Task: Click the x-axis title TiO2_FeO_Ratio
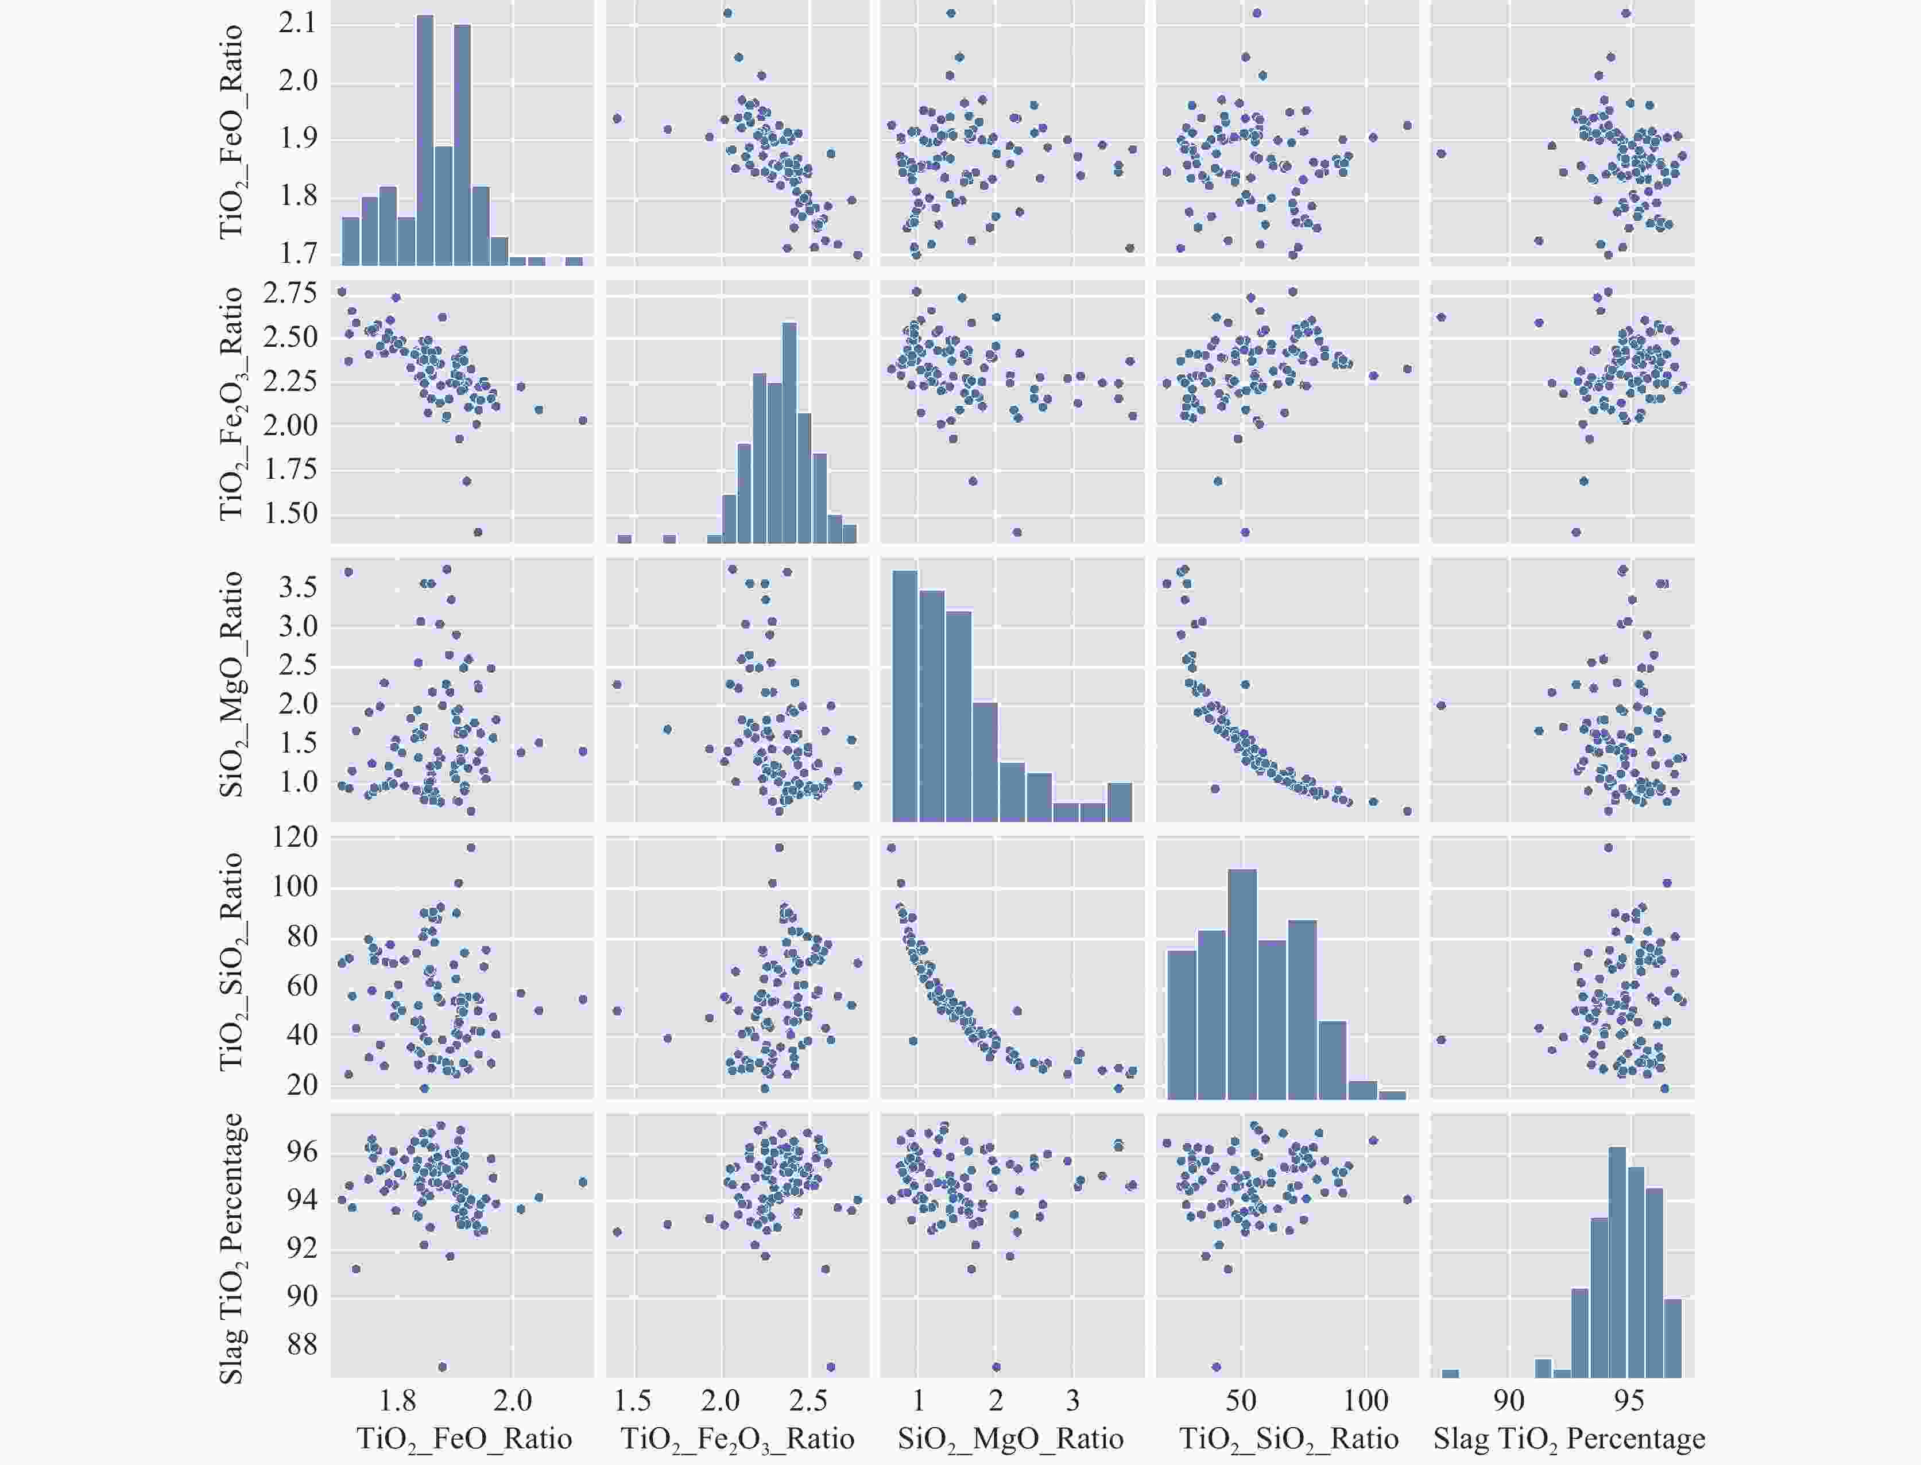pos(464,1438)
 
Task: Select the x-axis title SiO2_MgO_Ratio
pos(1010,1438)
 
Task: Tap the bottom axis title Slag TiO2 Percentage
pos(1568,1438)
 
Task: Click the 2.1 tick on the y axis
pos(298,24)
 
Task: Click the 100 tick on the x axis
pos(1366,1401)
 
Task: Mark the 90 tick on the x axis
pos(1509,1401)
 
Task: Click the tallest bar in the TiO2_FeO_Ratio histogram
pos(425,139)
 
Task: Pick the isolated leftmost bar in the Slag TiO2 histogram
pos(1449,1374)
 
